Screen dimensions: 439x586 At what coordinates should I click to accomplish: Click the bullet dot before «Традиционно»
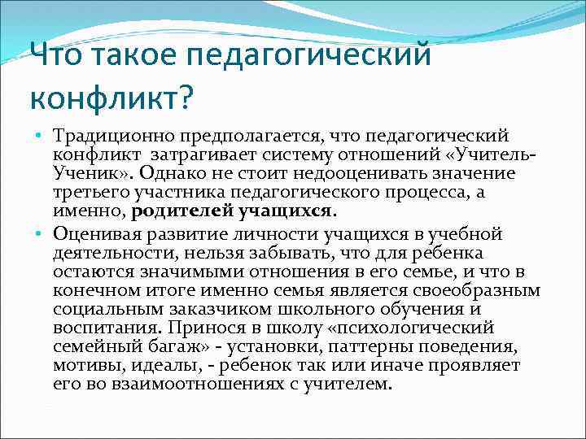tap(39, 133)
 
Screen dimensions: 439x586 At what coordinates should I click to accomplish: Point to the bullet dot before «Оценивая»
tap(39, 235)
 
